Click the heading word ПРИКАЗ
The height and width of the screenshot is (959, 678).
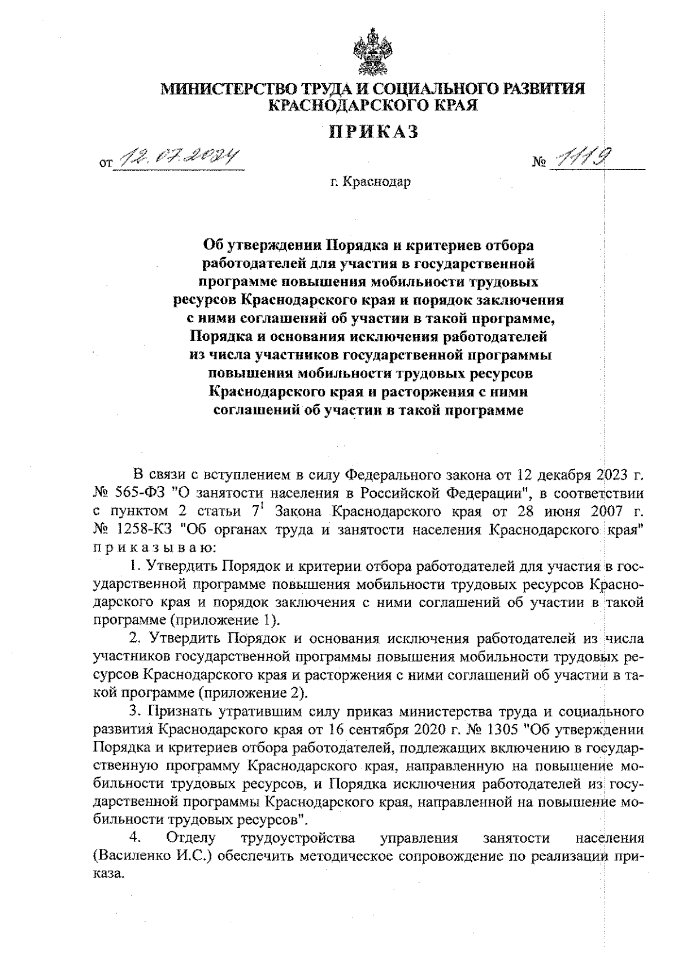pyautogui.click(x=373, y=132)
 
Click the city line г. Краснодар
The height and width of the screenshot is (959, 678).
pyautogui.click(x=371, y=183)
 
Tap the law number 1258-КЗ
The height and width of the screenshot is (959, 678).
pyautogui.click(x=144, y=531)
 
